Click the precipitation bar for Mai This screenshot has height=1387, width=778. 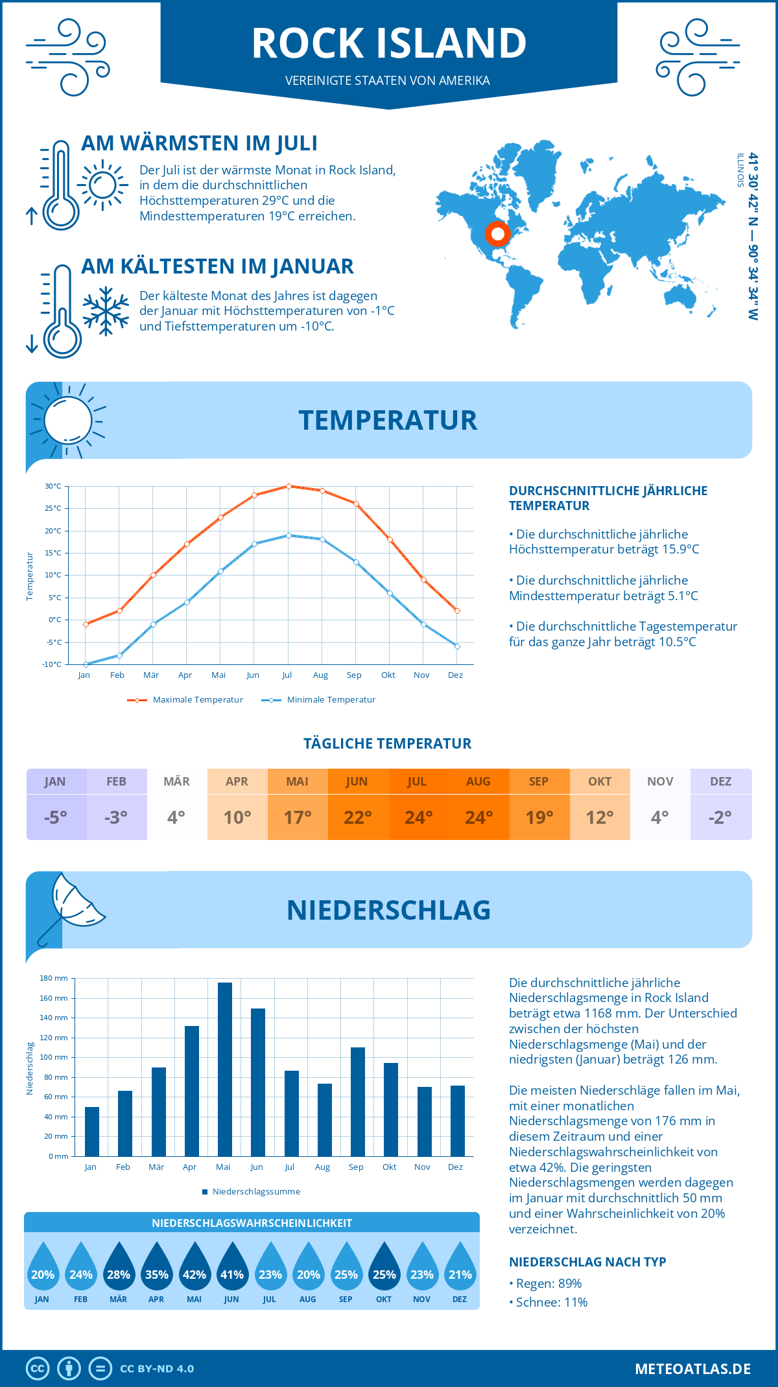pyautogui.click(x=224, y=1069)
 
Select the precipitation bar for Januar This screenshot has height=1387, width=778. pyautogui.click(x=92, y=1132)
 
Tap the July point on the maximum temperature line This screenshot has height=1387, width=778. pyautogui.click(x=289, y=486)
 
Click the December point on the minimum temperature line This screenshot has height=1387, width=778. pyautogui.click(x=457, y=646)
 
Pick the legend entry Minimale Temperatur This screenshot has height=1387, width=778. pyautogui.click(x=319, y=700)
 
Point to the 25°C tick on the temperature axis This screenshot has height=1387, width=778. pyautogui.click(x=53, y=509)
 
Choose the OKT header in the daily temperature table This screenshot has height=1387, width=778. pyautogui.click(x=600, y=782)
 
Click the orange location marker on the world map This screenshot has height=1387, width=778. pyautogui.click(x=498, y=233)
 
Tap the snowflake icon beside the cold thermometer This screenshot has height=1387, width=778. pyautogui.click(x=106, y=311)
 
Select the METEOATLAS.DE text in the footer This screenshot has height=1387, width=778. pyautogui.click(x=692, y=1369)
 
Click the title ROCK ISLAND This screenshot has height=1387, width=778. pyautogui.click(x=389, y=43)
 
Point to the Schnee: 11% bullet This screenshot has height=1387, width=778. pyautogui.click(x=548, y=1303)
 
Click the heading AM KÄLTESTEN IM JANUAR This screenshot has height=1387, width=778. pyautogui.click(x=217, y=266)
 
